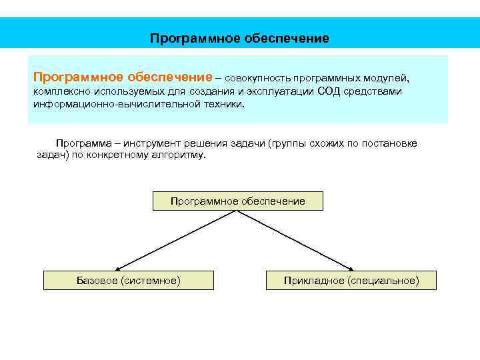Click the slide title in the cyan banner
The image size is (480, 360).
pyautogui.click(x=239, y=38)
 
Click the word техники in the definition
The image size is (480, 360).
pyautogui.click(x=225, y=105)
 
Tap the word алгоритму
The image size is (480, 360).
pyautogui.click(x=179, y=155)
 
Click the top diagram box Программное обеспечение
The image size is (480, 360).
pyautogui.click(x=238, y=201)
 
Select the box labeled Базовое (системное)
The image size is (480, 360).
pyautogui.click(x=128, y=281)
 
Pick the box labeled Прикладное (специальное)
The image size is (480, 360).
pyautogui.click(x=351, y=281)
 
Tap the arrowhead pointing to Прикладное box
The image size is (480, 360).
pyautogui.click(x=353, y=268)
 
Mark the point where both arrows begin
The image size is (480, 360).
pyautogui.click(x=237, y=211)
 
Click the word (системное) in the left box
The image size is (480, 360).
pyautogui.click(x=151, y=281)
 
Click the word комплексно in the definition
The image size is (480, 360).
pyautogui.click(x=59, y=91)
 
